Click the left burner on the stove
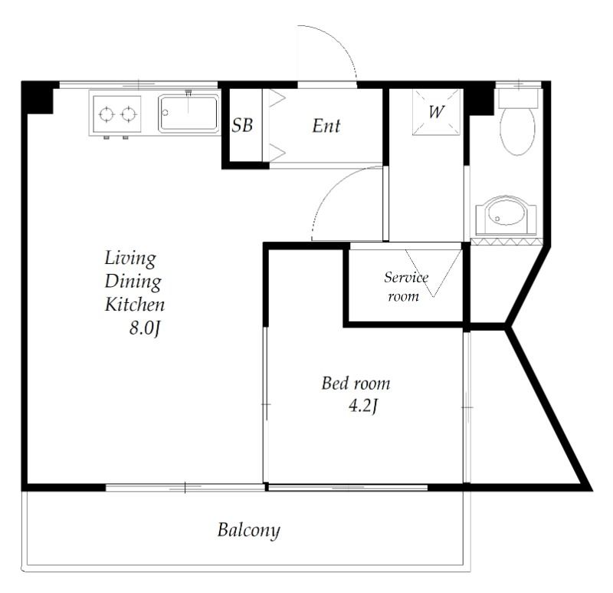click(x=107, y=114)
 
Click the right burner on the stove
click(x=128, y=114)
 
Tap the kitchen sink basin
click(x=188, y=113)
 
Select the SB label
click(x=242, y=125)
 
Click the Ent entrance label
click(x=326, y=126)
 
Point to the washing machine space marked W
click(x=437, y=112)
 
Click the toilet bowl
click(x=517, y=131)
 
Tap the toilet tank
click(x=519, y=98)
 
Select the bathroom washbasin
click(x=506, y=216)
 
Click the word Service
click(x=406, y=277)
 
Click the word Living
click(x=130, y=259)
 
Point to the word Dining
click(x=133, y=282)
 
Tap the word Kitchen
click(x=135, y=305)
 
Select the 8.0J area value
click(x=145, y=328)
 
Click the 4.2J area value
click(x=362, y=406)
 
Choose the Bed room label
click(x=356, y=384)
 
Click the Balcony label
click(x=248, y=530)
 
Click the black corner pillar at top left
click(x=37, y=98)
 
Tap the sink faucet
click(x=188, y=94)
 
